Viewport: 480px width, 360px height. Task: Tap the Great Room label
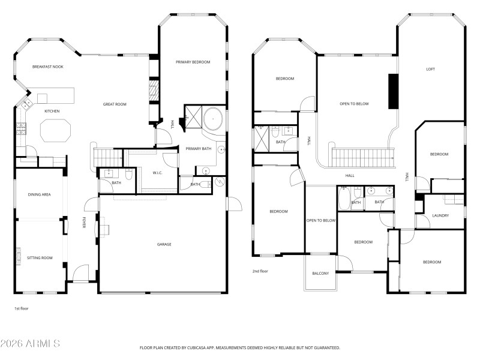tap(115, 104)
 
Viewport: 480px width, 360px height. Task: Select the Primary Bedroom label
tap(193, 62)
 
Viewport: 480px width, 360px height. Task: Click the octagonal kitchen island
tap(55, 130)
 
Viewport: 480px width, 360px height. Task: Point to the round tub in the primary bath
tap(213, 119)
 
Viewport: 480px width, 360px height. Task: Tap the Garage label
tap(164, 244)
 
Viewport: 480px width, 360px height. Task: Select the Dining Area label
tap(39, 194)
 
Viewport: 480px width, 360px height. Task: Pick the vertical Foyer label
tap(83, 223)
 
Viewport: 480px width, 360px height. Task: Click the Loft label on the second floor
tap(430, 69)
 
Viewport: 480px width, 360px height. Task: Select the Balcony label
tap(320, 274)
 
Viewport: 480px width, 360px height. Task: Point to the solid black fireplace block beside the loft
tap(393, 91)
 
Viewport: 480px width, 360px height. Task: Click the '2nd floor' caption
tap(260, 271)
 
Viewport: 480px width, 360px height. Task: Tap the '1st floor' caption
tap(22, 308)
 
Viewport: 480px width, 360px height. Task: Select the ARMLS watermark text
tap(30, 344)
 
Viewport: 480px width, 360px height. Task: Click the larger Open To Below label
tap(354, 104)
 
